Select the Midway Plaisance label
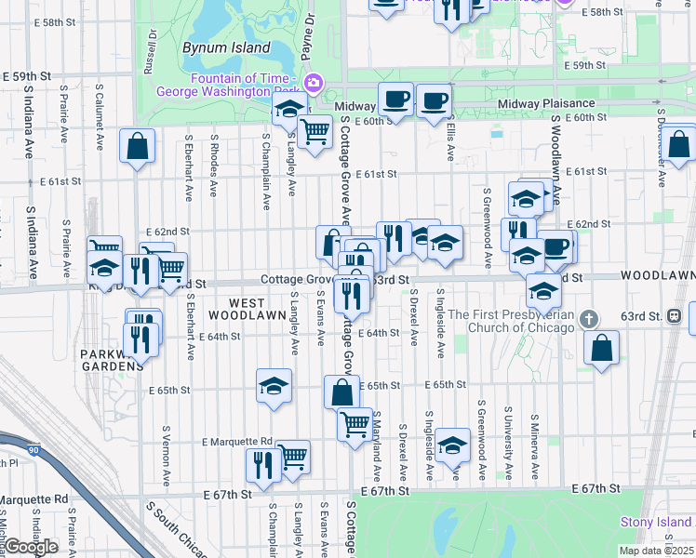546,103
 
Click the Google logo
31,547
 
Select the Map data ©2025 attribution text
657,551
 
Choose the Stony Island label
657,522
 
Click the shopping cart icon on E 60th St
315,131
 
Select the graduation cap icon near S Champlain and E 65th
274,385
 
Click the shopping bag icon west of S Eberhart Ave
138,145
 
